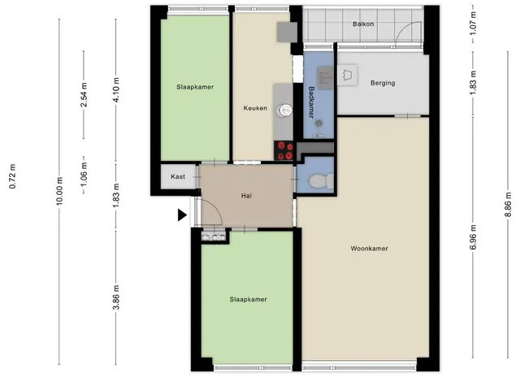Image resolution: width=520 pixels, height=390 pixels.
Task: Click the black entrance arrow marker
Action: click(182, 214)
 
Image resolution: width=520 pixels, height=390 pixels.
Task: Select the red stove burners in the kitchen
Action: click(284, 150)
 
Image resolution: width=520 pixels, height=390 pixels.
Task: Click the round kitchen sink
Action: click(285, 110)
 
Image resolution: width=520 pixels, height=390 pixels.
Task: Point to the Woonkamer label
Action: click(369, 249)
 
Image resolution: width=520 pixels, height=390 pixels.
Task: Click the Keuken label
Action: click(255, 108)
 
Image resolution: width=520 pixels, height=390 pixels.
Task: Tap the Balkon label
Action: click(363, 24)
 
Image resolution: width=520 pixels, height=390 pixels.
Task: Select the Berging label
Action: click(383, 83)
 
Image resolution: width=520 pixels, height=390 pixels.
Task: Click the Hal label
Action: click(246, 196)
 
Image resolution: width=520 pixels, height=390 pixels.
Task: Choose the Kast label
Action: click(178, 176)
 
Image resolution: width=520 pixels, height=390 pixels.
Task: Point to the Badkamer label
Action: click(311, 102)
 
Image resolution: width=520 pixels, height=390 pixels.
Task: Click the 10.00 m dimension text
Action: click(59, 191)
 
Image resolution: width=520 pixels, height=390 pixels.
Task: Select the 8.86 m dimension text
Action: click(508, 205)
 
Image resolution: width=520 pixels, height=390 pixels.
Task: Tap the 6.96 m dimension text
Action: click(473, 237)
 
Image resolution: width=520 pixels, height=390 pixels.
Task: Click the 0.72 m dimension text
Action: click(13, 176)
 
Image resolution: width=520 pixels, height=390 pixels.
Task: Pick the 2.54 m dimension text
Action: click(84, 95)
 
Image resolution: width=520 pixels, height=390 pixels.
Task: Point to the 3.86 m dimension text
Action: click(116, 297)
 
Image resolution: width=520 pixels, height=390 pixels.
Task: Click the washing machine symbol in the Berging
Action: click(347, 75)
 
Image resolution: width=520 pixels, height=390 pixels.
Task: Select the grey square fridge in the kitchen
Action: click(287, 32)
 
